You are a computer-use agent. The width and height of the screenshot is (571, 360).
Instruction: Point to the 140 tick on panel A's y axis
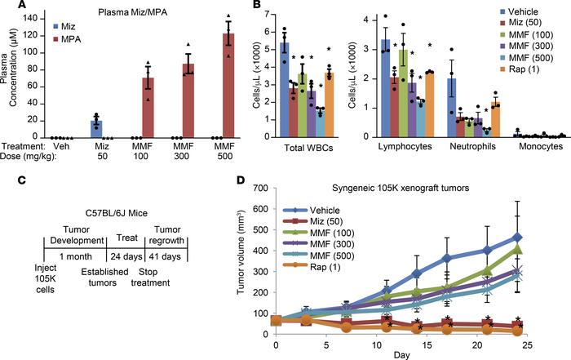(31, 20)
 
